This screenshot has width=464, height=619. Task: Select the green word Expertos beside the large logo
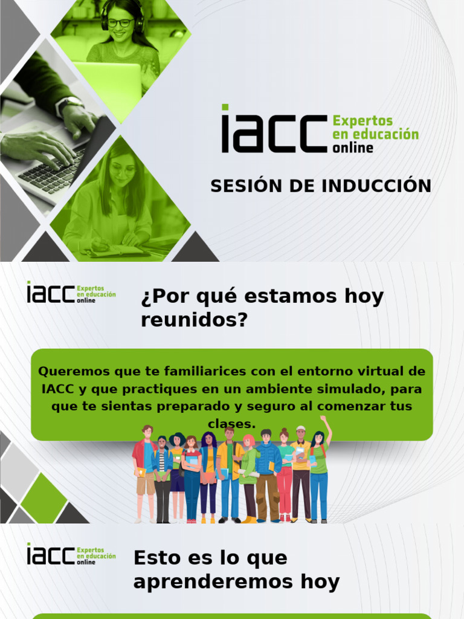pos(363,121)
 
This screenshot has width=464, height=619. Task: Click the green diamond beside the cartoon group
pos(43,497)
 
